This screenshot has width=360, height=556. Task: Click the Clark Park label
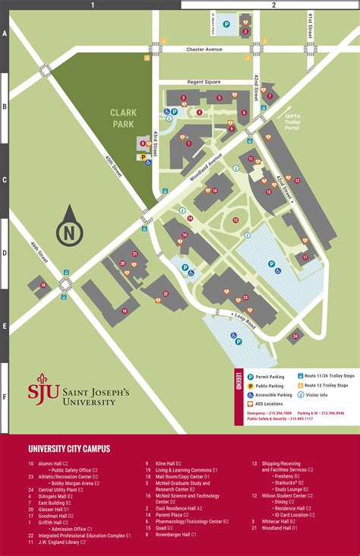click(123, 118)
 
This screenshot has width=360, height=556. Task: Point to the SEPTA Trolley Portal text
click(293, 122)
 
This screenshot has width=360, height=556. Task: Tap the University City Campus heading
click(69, 449)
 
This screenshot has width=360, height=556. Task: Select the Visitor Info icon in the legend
click(301, 395)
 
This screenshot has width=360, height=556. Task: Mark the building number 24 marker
click(295, 334)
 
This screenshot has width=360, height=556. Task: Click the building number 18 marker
click(43, 285)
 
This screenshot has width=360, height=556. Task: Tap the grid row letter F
click(4, 396)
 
